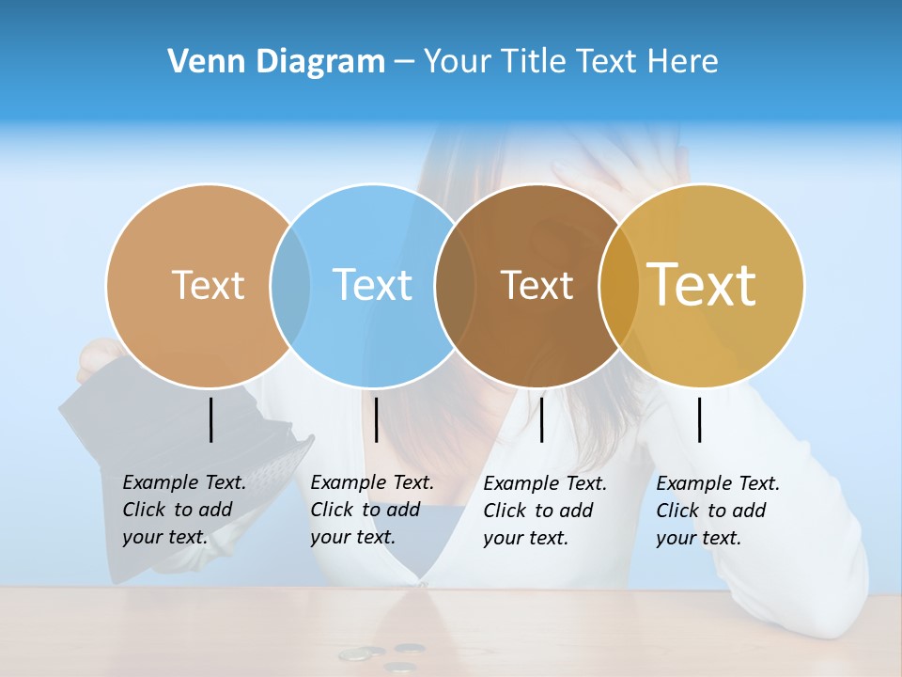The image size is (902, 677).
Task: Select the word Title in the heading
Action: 532,62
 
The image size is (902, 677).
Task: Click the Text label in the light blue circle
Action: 373,285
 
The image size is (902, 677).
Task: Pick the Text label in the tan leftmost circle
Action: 208,285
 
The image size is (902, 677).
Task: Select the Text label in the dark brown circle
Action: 537,285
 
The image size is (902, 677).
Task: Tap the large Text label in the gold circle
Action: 702,284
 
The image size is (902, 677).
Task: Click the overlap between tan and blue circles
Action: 290,285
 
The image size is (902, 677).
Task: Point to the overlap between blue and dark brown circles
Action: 455,285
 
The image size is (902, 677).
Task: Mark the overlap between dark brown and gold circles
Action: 619,285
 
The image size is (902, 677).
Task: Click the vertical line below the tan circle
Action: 210,419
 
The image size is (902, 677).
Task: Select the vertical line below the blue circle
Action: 376,419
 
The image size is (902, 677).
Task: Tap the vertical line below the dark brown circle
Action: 541,419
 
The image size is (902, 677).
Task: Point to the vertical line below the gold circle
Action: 699,419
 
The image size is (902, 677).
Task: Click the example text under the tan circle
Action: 183,510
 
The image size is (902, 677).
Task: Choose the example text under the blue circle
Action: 371,510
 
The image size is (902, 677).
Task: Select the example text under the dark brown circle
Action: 544,511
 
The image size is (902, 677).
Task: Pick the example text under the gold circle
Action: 717,511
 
